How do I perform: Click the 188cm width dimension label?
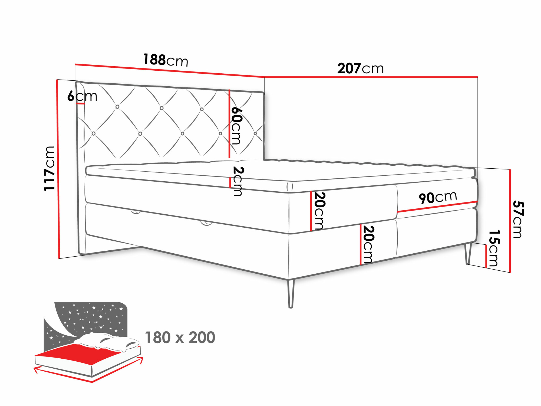click(165, 60)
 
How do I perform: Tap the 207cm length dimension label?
click(360, 68)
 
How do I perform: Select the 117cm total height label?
click(50, 168)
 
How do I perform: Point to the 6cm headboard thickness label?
click(82, 96)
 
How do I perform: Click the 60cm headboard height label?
click(236, 126)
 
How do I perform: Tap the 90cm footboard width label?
click(438, 197)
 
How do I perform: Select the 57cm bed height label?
click(518, 220)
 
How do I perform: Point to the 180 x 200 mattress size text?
click(180, 338)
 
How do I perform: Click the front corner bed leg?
click(291, 294)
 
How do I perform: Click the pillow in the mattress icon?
click(108, 342)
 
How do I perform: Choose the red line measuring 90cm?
click(437, 207)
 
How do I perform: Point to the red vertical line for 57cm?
click(510, 221)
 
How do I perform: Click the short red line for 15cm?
click(486, 256)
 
